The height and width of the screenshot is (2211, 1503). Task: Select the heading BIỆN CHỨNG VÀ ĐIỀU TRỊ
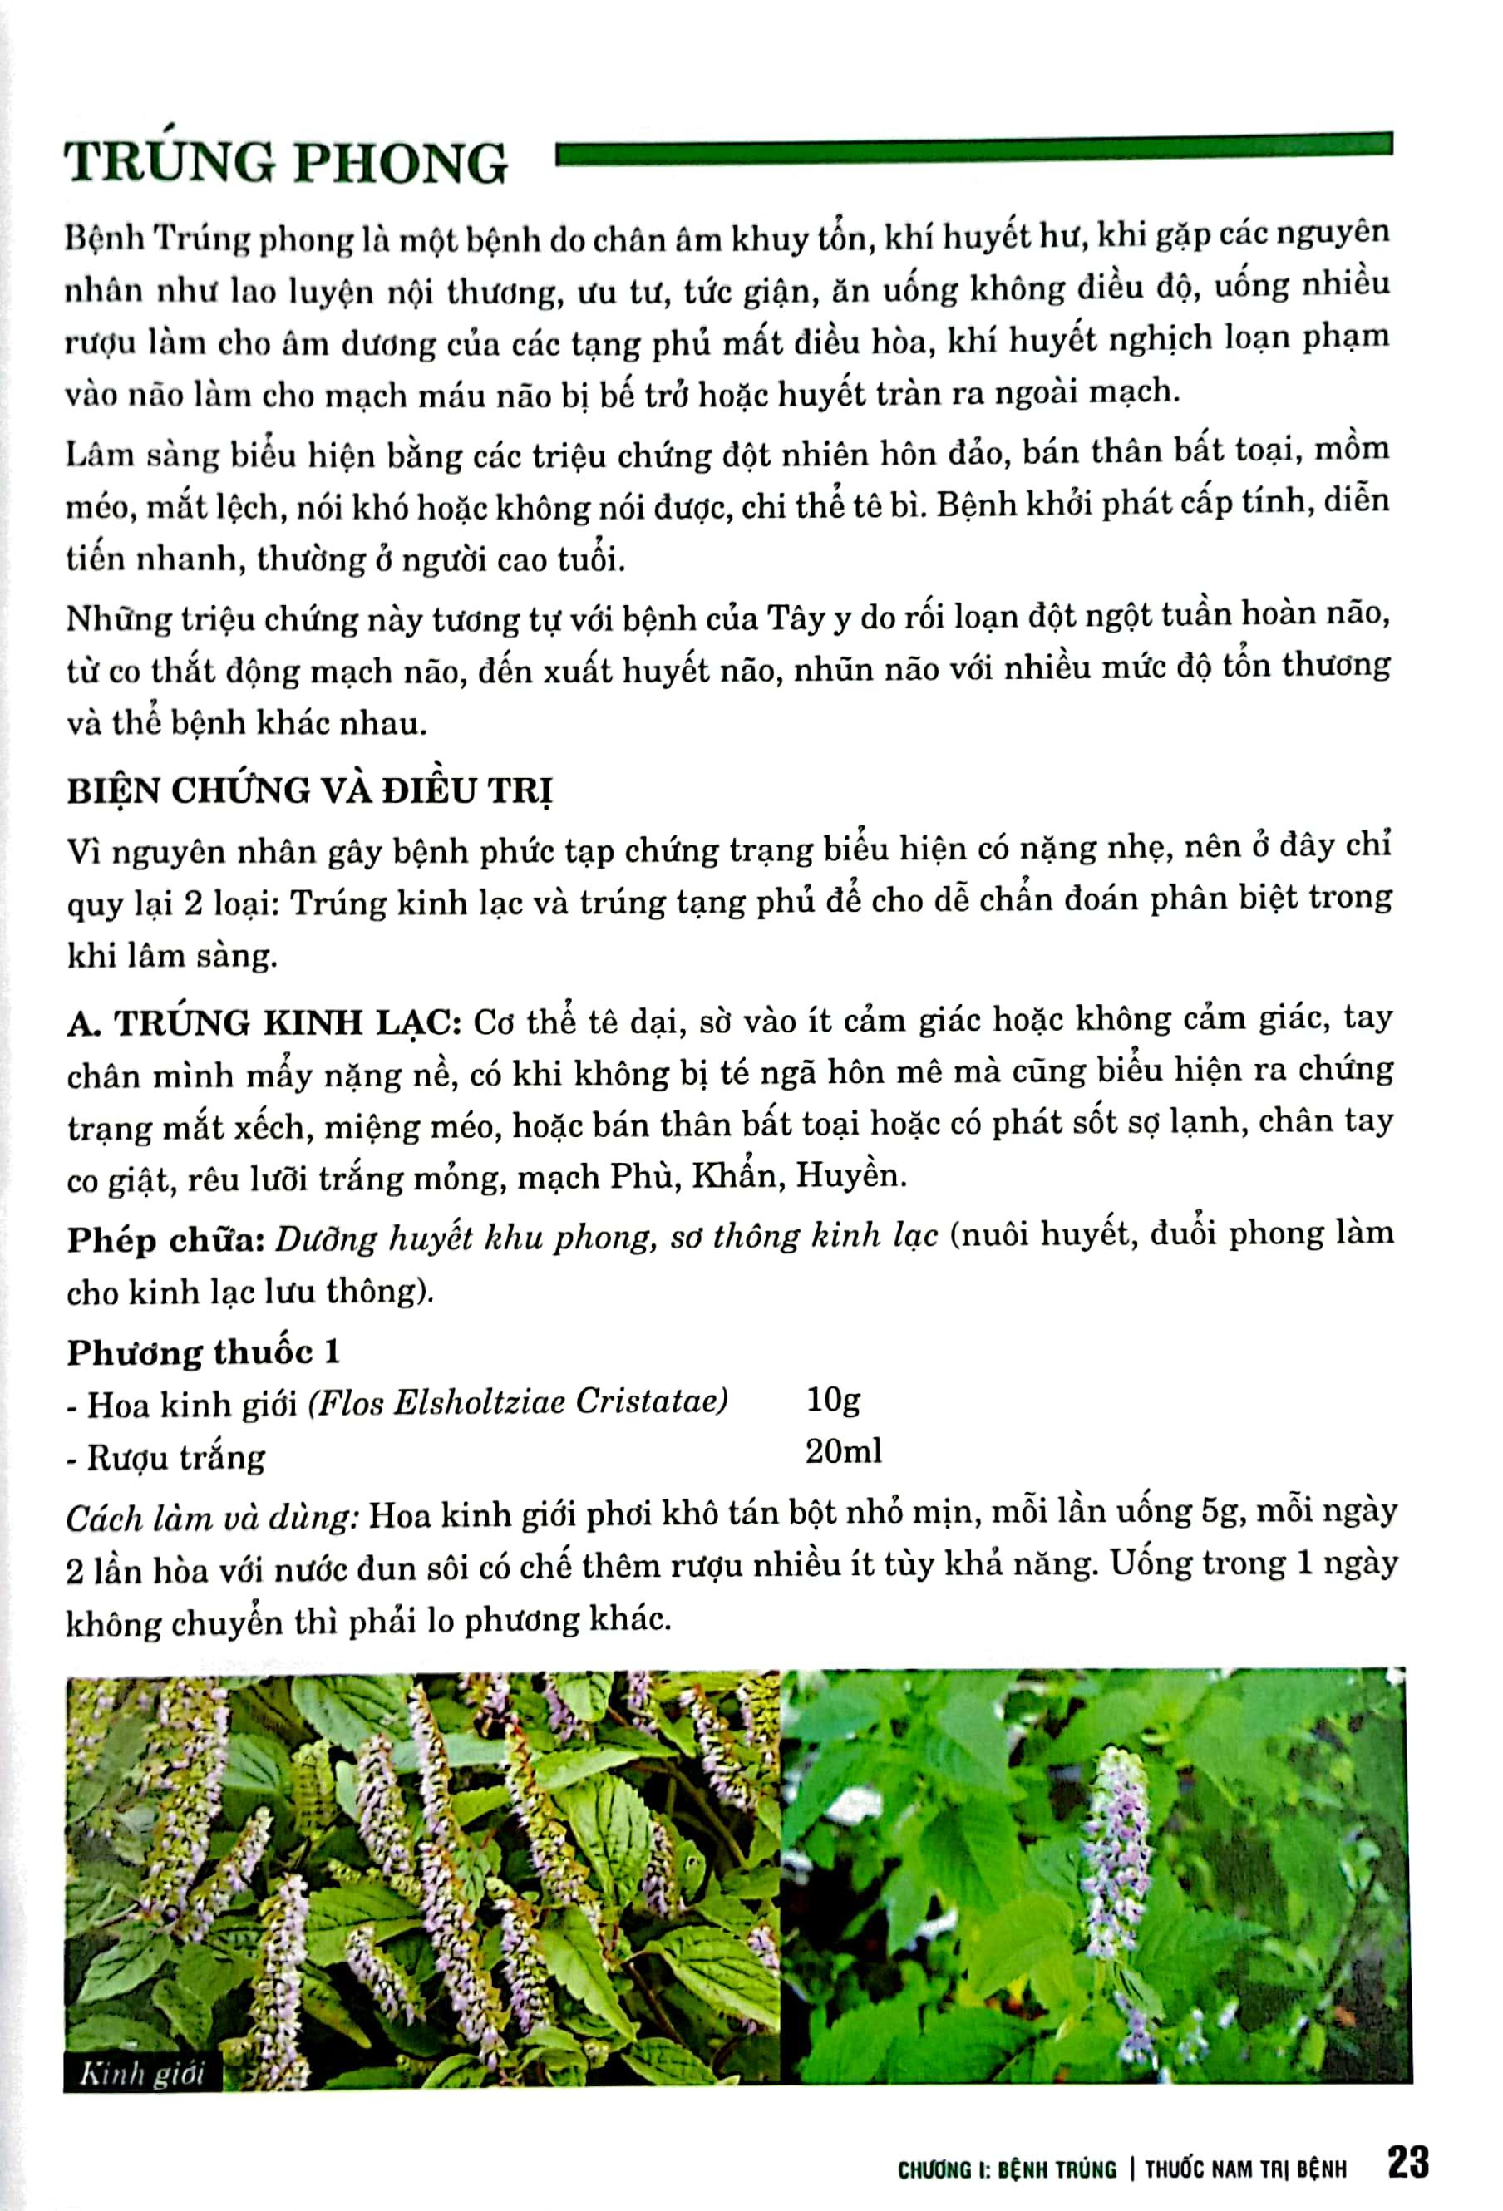[x=310, y=791]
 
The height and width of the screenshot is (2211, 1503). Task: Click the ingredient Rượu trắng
[x=176, y=1457]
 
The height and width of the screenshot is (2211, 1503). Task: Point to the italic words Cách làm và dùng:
[x=211, y=1516]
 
